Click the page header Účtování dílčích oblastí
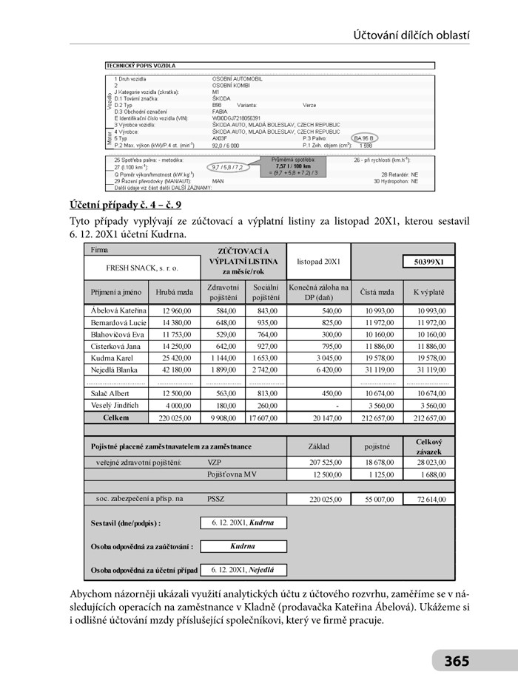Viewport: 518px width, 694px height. point(411,35)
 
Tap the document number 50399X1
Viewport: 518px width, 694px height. point(428,262)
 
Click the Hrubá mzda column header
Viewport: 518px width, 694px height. point(175,292)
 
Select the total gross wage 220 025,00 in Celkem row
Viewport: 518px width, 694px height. point(175,418)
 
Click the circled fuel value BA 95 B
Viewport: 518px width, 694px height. point(365,138)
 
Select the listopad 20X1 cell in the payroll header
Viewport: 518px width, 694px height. point(318,262)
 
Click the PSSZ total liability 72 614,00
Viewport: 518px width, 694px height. point(429,500)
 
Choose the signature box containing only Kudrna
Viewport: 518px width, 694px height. point(243,546)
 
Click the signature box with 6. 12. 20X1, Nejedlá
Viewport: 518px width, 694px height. point(243,570)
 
